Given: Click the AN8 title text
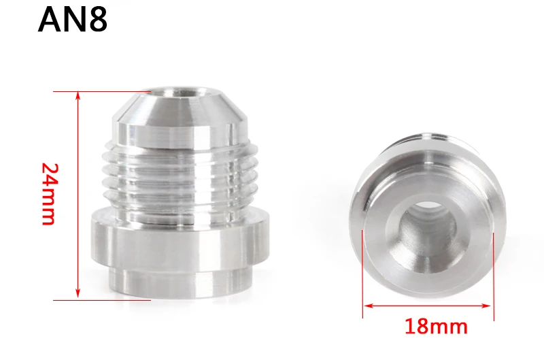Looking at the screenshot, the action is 73,20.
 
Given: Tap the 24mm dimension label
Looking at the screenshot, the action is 49,194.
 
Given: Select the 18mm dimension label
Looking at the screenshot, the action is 436,327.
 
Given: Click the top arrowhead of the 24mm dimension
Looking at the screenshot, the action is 78,95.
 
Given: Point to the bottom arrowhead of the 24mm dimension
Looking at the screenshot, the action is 78,294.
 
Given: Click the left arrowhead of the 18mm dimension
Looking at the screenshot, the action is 368,306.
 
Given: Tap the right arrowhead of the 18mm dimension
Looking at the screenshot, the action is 487,306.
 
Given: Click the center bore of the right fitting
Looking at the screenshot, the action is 428,227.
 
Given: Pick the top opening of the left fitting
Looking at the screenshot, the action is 180,93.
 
